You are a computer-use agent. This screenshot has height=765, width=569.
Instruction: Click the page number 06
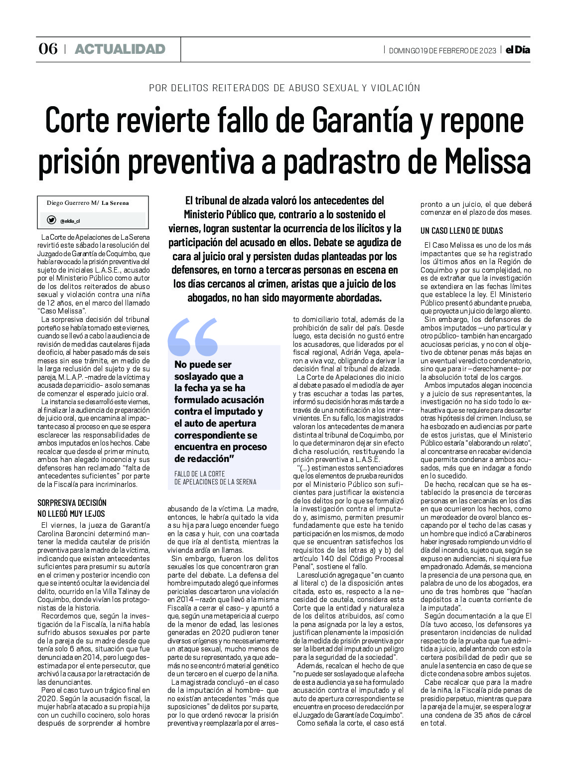pos(48,49)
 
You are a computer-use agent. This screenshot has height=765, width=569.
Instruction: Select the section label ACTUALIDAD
pos(120,49)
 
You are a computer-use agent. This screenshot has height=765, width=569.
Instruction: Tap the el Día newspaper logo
pos(518,50)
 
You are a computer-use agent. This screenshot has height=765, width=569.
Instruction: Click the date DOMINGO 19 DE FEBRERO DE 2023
pos(442,50)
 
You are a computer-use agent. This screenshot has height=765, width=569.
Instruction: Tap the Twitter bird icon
pos(51,220)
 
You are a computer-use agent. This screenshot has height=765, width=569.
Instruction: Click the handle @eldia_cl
pos(70,221)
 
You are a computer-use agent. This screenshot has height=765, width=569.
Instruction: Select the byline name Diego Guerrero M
pos(71,203)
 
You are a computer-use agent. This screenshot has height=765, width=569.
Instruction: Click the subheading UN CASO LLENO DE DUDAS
pos(461,231)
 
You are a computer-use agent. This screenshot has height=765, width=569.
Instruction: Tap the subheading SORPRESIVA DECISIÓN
pos(72,503)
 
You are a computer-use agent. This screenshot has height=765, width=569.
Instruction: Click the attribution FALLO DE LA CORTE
pos(199,473)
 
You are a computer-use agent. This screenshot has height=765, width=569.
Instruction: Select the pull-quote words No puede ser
pos(203,364)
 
